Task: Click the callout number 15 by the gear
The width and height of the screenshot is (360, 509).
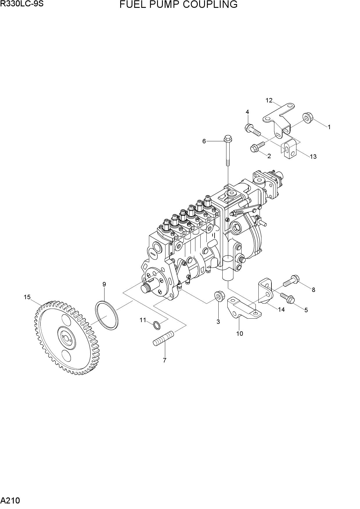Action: (27, 297)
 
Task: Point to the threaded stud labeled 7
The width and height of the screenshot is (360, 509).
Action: (163, 338)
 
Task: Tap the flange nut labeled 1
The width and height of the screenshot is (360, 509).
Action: (307, 117)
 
